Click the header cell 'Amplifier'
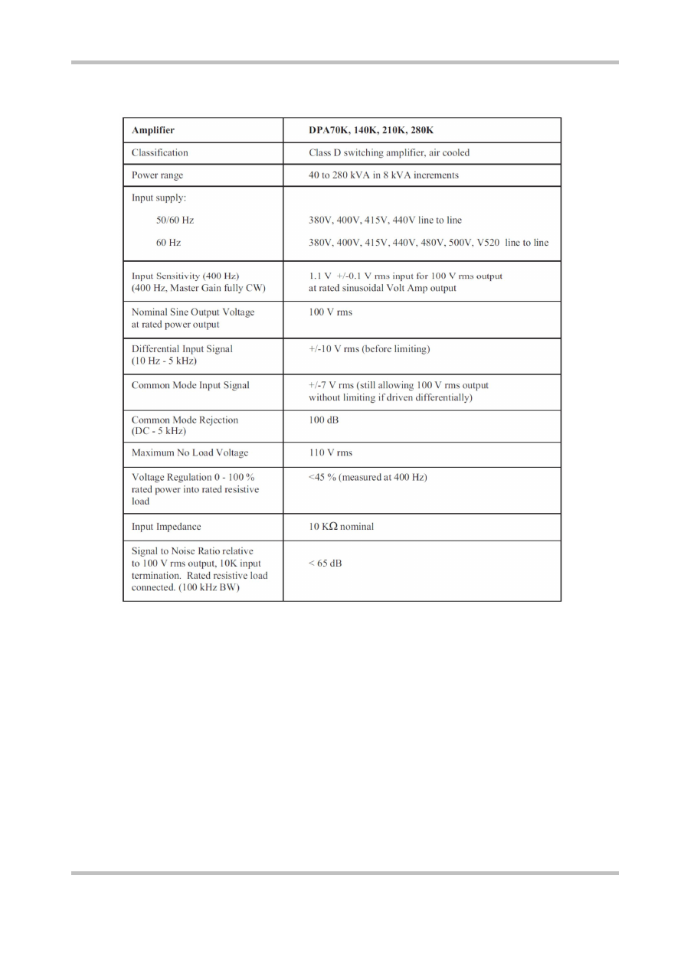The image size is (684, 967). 153,130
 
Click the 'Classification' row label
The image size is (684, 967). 159,152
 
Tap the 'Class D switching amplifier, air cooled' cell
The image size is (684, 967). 389,152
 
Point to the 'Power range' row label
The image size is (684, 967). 157,175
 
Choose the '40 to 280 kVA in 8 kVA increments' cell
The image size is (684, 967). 384,175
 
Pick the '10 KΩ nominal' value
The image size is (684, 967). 342,526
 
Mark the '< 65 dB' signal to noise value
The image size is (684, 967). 326,564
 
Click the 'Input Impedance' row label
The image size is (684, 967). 165,526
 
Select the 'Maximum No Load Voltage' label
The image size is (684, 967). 190,452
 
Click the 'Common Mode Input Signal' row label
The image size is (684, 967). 191,385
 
